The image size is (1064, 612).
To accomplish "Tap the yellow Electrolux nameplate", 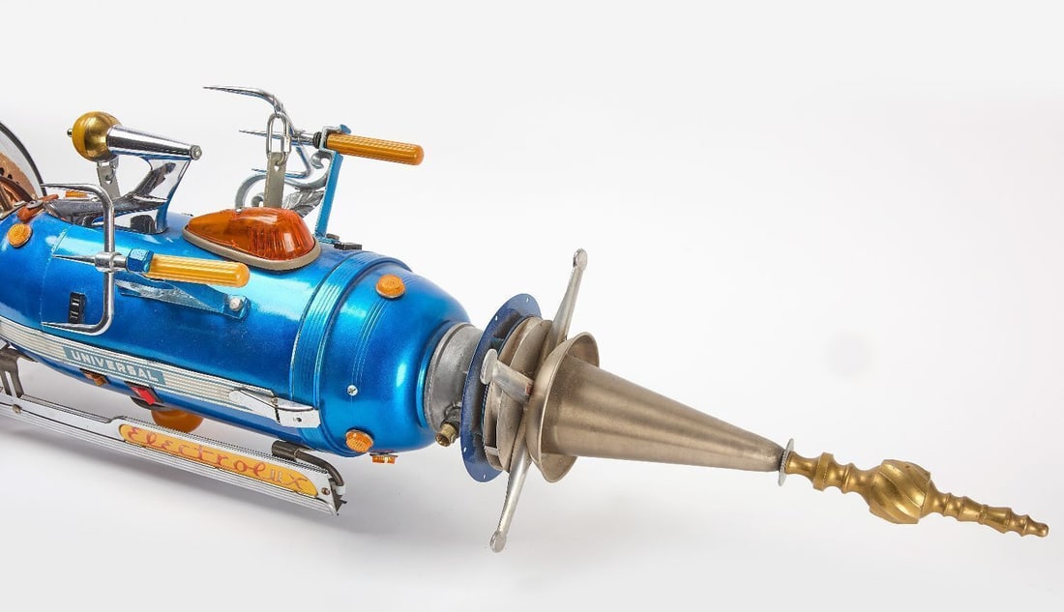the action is (219, 458).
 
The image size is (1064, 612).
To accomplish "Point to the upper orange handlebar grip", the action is (374, 148).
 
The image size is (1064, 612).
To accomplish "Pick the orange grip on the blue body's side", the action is (196, 270).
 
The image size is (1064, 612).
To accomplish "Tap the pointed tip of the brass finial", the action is (1046, 531).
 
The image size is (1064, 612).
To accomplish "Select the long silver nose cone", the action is (657, 414).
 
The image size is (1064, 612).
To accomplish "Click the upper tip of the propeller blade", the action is (579, 257).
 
